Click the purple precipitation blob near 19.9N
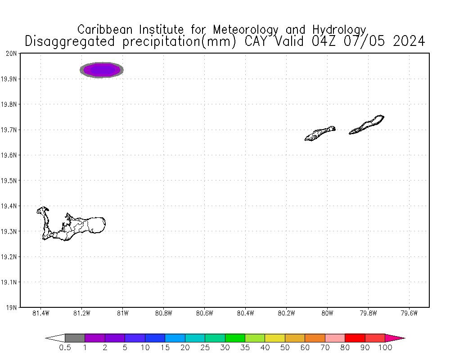(x=102, y=70)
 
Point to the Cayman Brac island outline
(x=367, y=125)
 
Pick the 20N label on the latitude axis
(x=12, y=54)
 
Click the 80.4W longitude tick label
(x=245, y=314)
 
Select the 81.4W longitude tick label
(x=40, y=314)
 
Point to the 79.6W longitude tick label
(x=409, y=314)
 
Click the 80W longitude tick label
(x=327, y=314)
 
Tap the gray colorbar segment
(x=75, y=338)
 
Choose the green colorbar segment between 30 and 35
(x=235, y=338)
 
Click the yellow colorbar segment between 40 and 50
(x=274, y=338)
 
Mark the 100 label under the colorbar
(x=385, y=347)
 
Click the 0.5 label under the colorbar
(x=65, y=347)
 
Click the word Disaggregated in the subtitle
(x=71, y=41)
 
